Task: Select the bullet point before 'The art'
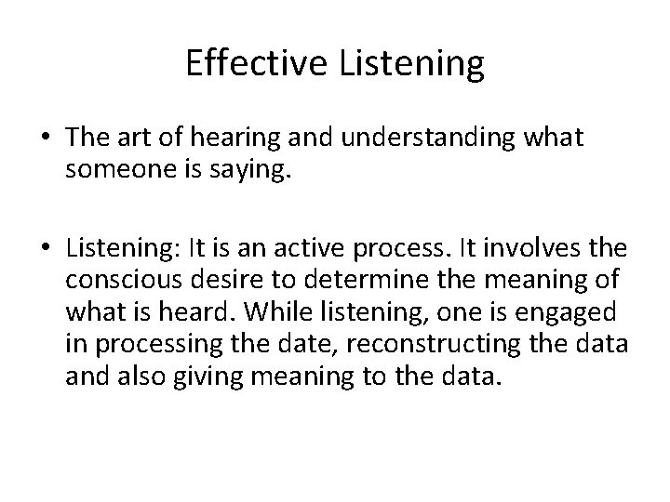pyautogui.click(x=45, y=139)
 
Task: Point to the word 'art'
pyautogui.click(x=146, y=138)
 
